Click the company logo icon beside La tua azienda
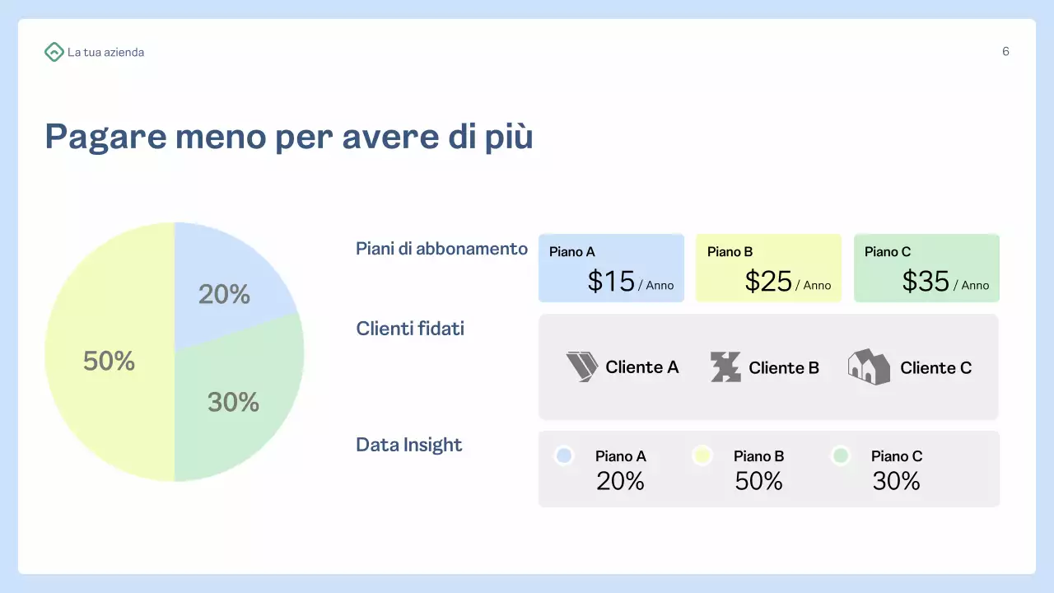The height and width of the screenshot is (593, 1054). (54, 52)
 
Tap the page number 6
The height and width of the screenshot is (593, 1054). (1005, 52)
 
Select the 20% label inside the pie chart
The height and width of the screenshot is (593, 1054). (224, 294)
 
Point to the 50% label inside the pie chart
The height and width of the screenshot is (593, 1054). (109, 361)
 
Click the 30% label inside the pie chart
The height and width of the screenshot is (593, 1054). (233, 402)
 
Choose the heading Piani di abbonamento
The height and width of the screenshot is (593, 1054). (441, 249)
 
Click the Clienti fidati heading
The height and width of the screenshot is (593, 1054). (410, 329)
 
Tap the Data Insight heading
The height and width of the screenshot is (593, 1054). (408, 445)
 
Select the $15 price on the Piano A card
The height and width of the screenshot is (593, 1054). (611, 282)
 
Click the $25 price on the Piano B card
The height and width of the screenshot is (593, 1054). (768, 282)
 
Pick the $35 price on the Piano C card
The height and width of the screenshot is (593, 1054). (926, 282)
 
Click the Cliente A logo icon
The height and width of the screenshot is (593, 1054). (582, 367)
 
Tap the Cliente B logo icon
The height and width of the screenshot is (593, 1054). (725, 367)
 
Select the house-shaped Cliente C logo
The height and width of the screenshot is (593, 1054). (869, 367)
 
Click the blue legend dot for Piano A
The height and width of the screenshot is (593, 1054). (564, 455)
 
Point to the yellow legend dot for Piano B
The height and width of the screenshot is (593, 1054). (702, 455)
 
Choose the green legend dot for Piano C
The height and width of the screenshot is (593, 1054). (840, 455)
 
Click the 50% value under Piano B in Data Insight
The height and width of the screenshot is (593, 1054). (758, 481)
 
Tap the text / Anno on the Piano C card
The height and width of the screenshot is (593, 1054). (972, 286)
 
